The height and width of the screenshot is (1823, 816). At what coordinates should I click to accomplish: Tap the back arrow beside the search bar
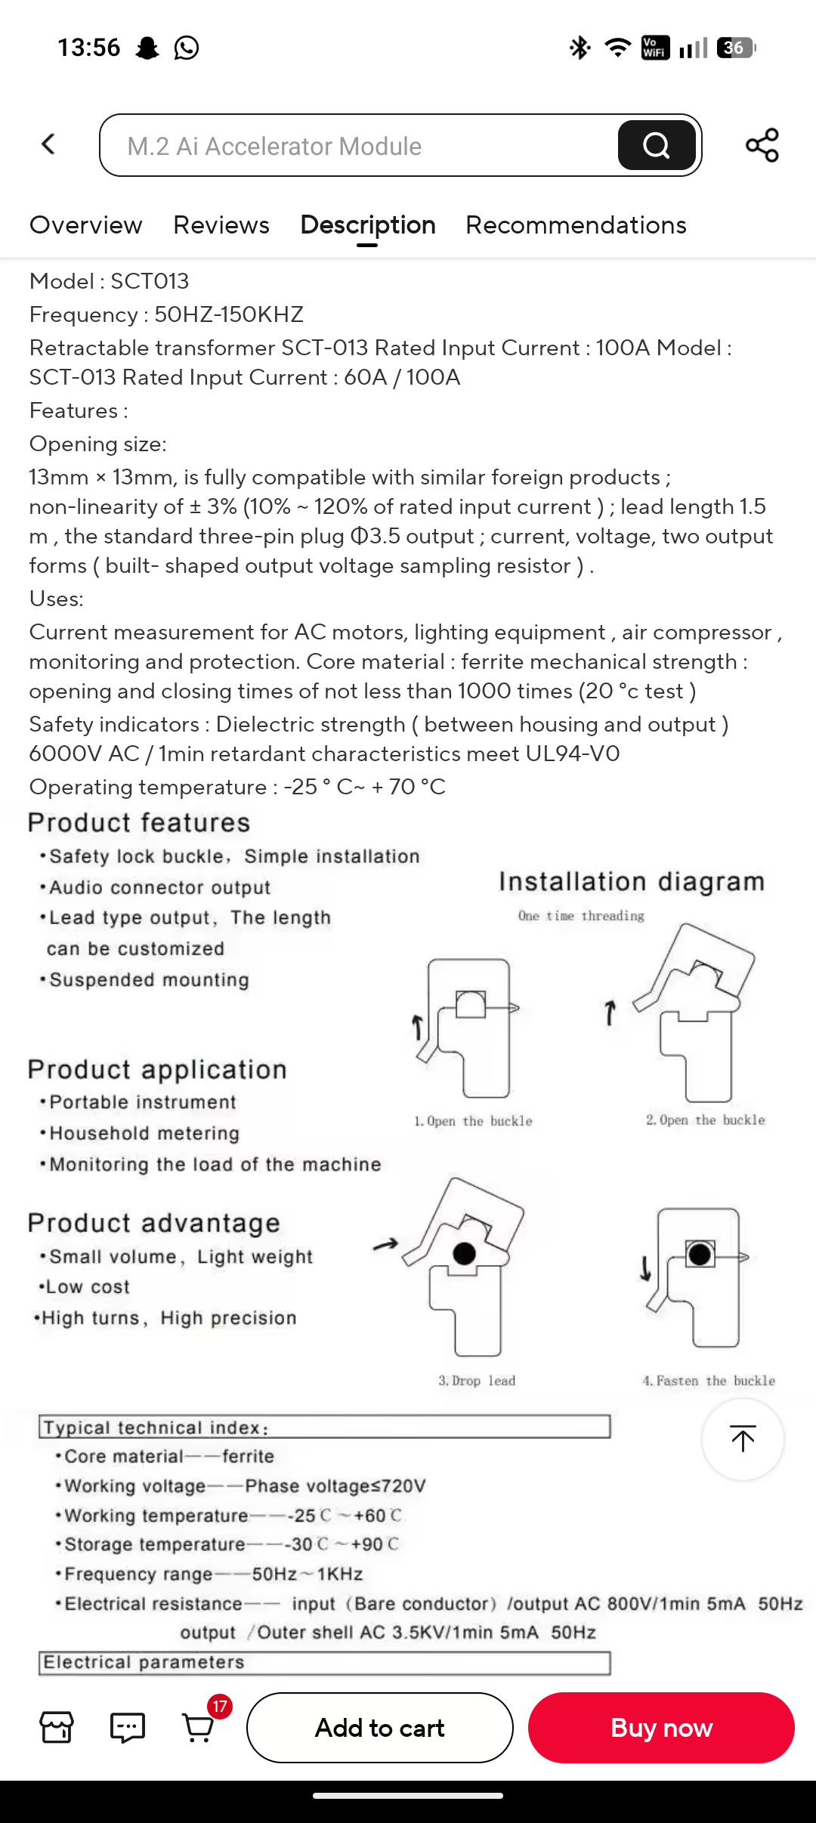pyautogui.click(x=49, y=144)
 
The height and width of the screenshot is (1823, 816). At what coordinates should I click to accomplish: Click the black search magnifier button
pyautogui.click(x=656, y=145)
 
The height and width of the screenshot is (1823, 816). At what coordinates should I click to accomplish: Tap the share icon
pyautogui.click(x=762, y=145)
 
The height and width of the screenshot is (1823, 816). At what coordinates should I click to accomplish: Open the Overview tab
pyautogui.click(x=85, y=225)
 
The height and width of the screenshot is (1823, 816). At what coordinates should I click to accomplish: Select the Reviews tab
pyautogui.click(x=221, y=225)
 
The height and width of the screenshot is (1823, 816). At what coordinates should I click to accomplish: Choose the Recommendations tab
pyautogui.click(x=576, y=225)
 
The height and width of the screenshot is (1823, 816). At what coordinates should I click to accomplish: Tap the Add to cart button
pyautogui.click(x=379, y=1728)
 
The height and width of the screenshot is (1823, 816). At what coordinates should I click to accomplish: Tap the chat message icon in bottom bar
pyautogui.click(x=128, y=1728)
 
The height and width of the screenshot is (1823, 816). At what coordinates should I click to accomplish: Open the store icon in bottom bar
pyautogui.click(x=57, y=1728)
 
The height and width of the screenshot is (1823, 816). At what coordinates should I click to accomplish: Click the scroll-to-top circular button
pyautogui.click(x=743, y=1439)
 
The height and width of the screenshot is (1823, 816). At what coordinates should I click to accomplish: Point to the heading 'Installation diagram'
pyautogui.click(x=632, y=882)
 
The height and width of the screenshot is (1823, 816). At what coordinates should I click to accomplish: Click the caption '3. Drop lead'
pyautogui.click(x=477, y=1381)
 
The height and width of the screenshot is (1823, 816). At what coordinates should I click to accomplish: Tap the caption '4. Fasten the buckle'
pyautogui.click(x=709, y=1381)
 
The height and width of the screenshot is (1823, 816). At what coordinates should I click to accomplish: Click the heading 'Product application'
pyautogui.click(x=157, y=1069)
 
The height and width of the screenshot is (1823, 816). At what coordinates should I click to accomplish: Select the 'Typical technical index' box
pyautogui.click(x=324, y=1427)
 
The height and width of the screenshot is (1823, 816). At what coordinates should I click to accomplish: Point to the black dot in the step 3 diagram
pyautogui.click(x=464, y=1253)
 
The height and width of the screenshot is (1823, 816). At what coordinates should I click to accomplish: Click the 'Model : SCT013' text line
pyautogui.click(x=110, y=281)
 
